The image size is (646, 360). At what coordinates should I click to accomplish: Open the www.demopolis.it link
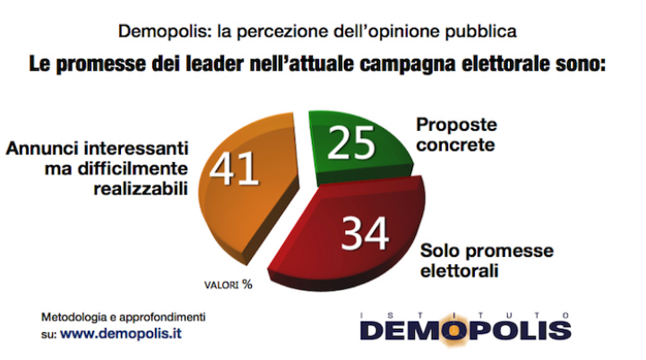click(126, 334)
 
